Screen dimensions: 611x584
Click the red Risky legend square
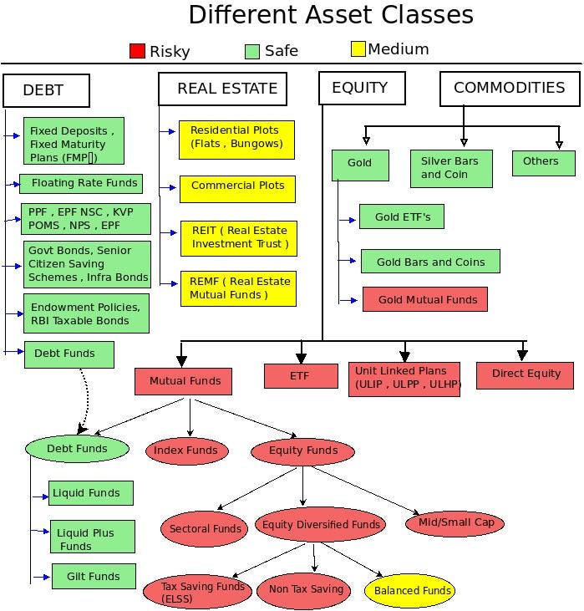tap(137, 51)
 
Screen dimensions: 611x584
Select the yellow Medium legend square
tap(358, 49)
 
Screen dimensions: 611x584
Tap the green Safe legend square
tap(252, 51)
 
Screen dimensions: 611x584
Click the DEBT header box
tap(46, 90)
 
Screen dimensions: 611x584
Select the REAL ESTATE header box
tap(222, 89)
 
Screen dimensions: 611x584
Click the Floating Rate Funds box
tap(80, 183)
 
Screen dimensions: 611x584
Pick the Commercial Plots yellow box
tap(237, 186)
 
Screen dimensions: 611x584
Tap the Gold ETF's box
tap(401, 217)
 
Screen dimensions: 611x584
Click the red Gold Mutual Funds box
tap(424, 299)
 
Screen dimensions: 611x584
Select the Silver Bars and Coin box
tap(451, 168)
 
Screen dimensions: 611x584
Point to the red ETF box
tap(301, 376)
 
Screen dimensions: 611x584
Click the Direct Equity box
tap(525, 374)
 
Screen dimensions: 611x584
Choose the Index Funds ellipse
tap(186, 451)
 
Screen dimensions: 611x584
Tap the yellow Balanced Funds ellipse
tap(409, 591)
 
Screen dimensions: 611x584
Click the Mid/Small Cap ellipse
tap(455, 523)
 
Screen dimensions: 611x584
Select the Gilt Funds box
tap(94, 577)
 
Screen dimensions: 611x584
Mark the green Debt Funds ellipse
tap(77, 449)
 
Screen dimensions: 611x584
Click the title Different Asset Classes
tap(331, 15)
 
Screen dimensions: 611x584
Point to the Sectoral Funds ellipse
tap(204, 528)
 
